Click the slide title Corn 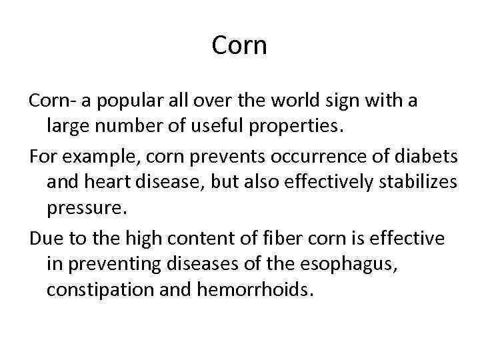(239, 45)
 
